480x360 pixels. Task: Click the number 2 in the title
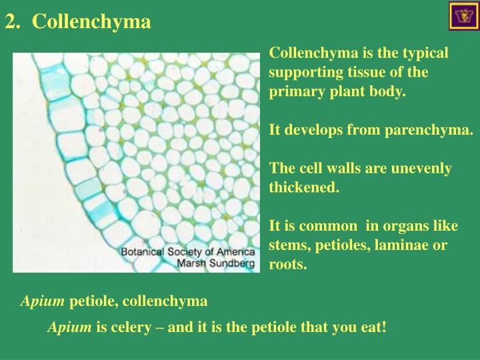click(9, 22)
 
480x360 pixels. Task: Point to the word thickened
click(303, 187)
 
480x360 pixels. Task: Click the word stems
click(287, 245)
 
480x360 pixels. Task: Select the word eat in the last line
click(372, 327)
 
